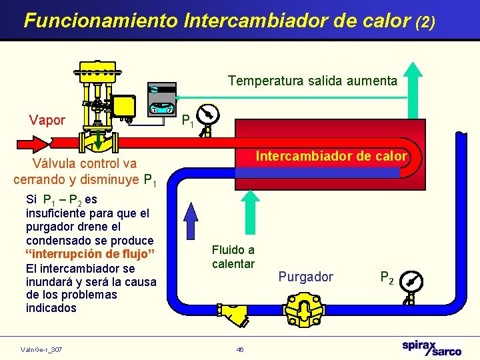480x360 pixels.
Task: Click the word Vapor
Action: [47, 121]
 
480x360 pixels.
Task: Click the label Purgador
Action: [305, 277]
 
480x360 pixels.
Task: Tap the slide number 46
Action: [240, 349]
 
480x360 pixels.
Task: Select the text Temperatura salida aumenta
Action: [312, 81]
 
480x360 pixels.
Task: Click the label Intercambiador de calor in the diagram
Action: [331, 157]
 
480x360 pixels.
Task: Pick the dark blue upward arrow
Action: [192, 219]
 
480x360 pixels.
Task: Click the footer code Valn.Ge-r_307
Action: [41, 349]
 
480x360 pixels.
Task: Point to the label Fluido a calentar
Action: [233, 257]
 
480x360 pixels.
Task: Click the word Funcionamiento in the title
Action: [100, 20]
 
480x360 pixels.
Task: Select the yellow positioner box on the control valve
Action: [123, 105]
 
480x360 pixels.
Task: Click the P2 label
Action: [387, 277]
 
